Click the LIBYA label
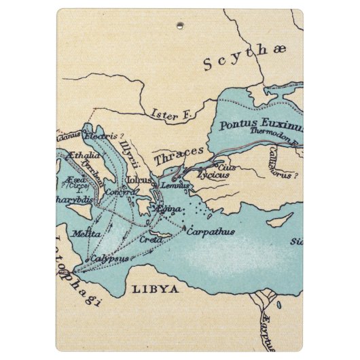pos(155,289)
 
